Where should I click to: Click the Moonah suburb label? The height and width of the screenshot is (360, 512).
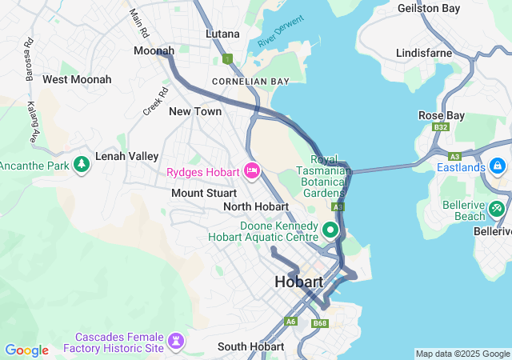pyautogui.click(x=154, y=50)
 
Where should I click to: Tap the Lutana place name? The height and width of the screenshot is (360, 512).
pyautogui.click(x=222, y=34)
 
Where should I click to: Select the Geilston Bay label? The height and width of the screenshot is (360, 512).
pyautogui.click(x=430, y=8)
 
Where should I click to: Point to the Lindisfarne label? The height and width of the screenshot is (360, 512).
pyautogui.click(x=425, y=53)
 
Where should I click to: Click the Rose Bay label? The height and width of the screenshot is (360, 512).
pyautogui.click(x=441, y=115)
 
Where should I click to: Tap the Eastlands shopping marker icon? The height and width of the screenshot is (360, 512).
pyautogui.click(x=498, y=167)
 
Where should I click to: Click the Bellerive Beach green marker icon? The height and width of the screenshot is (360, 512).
pyautogui.click(x=498, y=209)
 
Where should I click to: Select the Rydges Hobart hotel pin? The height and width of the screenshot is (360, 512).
pyautogui.click(x=253, y=170)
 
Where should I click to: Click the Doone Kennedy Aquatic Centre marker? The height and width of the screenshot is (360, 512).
pyautogui.click(x=331, y=232)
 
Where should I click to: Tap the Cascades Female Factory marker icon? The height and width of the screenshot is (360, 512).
pyautogui.click(x=175, y=342)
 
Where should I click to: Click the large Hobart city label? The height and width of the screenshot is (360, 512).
pyautogui.click(x=298, y=282)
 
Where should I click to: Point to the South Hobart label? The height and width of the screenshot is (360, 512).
pyautogui.click(x=250, y=347)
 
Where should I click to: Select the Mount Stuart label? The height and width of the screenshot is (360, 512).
pyautogui.click(x=204, y=193)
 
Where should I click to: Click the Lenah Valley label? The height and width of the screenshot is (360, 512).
pyautogui.click(x=127, y=156)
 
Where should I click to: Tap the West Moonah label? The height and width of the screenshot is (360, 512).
pyautogui.click(x=77, y=79)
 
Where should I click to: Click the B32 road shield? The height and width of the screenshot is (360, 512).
pyautogui.click(x=440, y=127)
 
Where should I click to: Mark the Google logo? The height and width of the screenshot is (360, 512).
pyautogui.click(x=26, y=350)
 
